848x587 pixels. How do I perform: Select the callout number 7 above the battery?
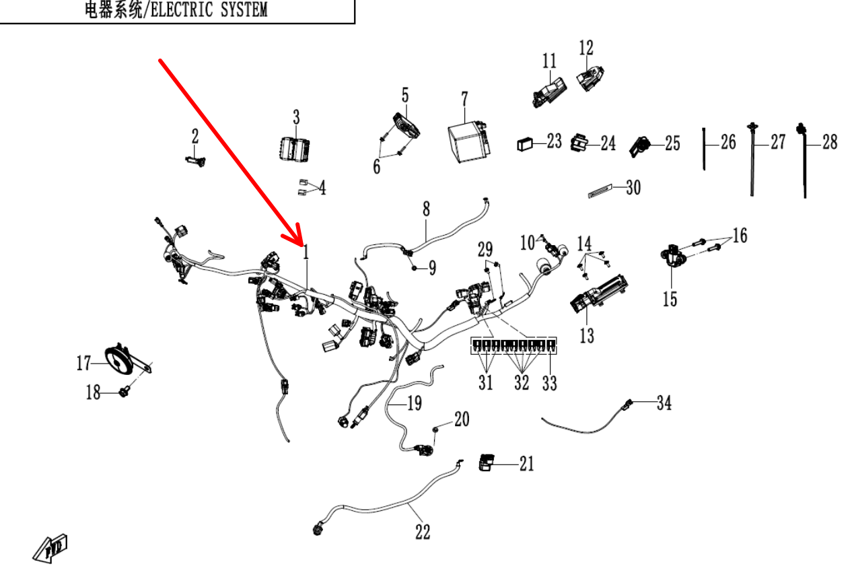tap(464, 99)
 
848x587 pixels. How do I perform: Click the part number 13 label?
tap(587, 335)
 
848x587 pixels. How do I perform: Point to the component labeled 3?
tap(294, 147)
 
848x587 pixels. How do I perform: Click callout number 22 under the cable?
tap(422, 532)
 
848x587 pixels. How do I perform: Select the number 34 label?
tap(664, 403)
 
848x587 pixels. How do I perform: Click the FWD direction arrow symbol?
tap(52, 546)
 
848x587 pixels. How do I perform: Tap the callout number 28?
tap(830, 142)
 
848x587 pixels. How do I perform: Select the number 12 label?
tap(586, 47)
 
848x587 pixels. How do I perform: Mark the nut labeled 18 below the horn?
tap(125, 391)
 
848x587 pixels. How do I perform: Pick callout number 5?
tap(405, 94)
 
